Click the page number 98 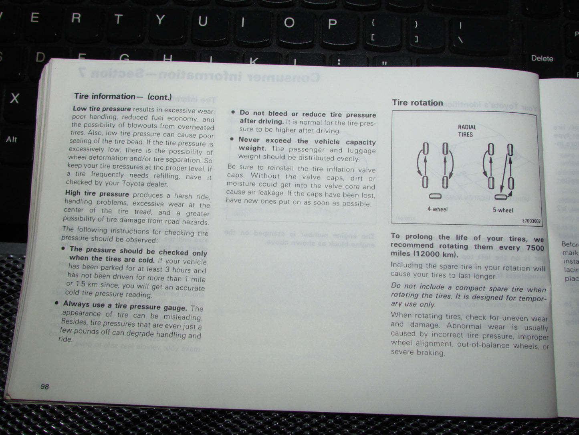tap(44, 386)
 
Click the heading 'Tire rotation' tap(417, 103)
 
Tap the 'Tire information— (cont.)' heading tap(123, 97)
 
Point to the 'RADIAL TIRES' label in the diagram tap(466, 131)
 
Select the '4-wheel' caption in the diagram tap(437, 209)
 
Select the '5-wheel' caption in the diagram tap(502, 210)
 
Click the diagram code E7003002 tap(531, 221)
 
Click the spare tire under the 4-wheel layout tap(435, 196)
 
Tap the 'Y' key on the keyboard tap(160, 20)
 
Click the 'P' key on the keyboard tap(332, 24)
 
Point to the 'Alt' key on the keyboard tap(12, 140)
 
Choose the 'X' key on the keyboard tap(14, 98)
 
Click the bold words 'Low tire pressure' tap(102, 109)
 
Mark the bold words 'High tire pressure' tap(97, 194)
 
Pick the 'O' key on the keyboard tap(289, 22)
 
